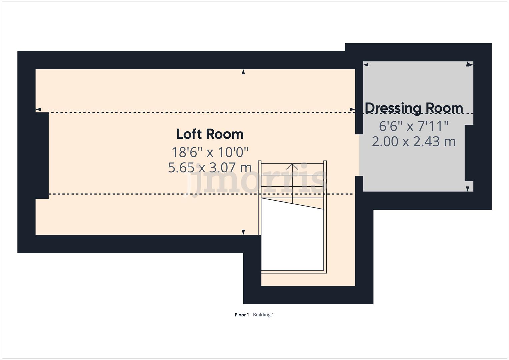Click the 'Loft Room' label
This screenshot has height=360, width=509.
[x=210, y=134]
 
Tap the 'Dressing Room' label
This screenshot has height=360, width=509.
[x=414, y=108]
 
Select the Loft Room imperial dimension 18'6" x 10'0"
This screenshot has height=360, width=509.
[x=210, y=152]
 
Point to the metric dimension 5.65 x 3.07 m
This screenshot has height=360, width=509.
[x=210, y=167]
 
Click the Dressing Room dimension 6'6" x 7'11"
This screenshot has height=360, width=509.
[x=414, y=126]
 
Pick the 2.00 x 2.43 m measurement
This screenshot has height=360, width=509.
[x=414, y=142]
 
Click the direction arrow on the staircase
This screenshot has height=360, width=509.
[x=292, y=167]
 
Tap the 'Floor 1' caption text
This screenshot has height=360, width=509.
[x=242, y=315]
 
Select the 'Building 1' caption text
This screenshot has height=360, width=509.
[x=263, y=315]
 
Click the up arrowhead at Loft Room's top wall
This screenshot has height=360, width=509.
[x=243, y=72]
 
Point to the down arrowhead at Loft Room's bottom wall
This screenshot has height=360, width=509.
[x=243, y=232]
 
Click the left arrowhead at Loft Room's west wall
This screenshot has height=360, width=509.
[x=38, y=109]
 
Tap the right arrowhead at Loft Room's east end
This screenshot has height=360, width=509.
[x=352, y=109]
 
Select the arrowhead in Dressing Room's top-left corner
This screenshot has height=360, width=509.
[x=366, y=64]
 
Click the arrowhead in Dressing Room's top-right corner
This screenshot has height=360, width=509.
[x=470, y=64]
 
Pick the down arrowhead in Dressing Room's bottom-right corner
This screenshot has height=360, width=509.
[x=468, y=189]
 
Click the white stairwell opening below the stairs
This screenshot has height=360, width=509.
[x=292, y=240]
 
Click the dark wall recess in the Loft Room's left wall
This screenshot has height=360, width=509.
[x=42, y=155]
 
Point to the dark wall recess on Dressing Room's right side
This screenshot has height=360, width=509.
[x=469, y=153]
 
